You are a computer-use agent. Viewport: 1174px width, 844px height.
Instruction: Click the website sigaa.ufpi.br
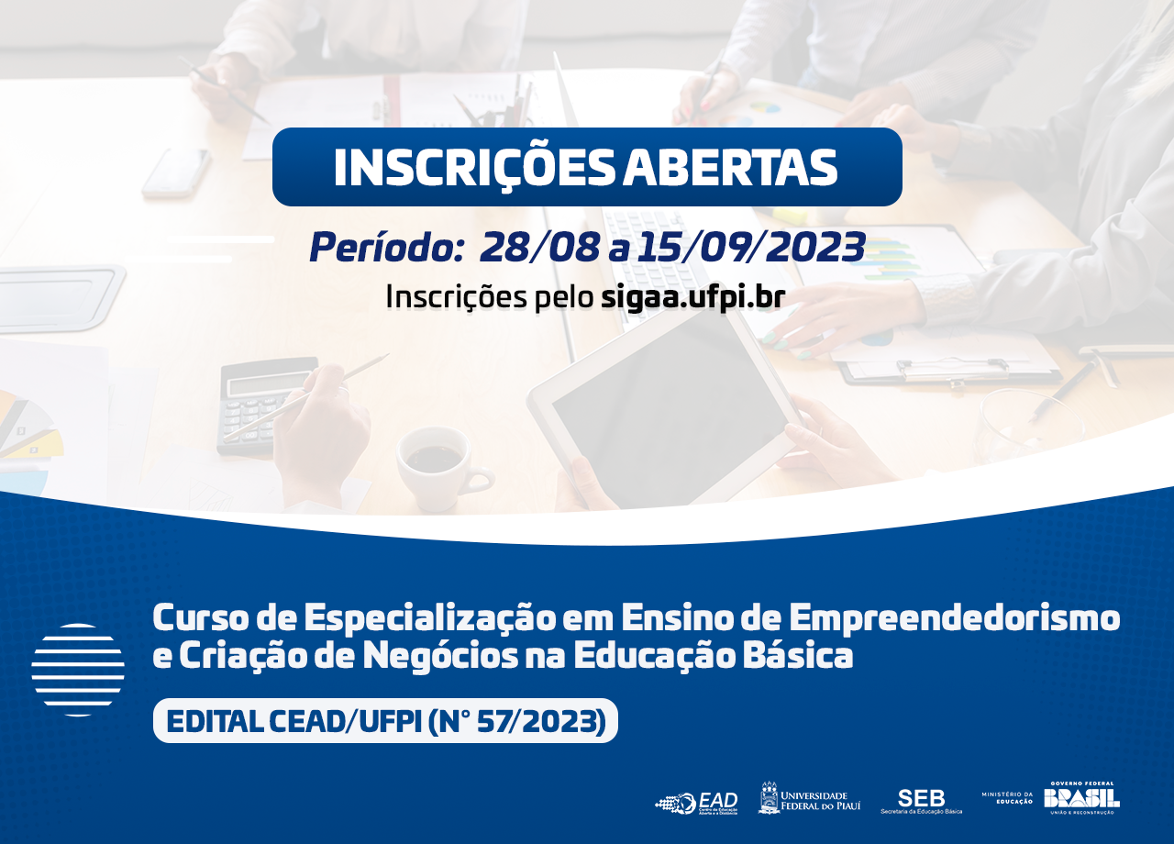(x=693, y=297)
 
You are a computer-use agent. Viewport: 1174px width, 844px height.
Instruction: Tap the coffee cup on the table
(x=438, y=463)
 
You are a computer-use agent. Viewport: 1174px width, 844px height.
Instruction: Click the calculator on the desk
(x=261, y=404)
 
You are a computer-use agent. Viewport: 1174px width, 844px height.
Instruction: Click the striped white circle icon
(x=78, y=670)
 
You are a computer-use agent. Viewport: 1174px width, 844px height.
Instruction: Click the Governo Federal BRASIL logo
(x=1081, y=797)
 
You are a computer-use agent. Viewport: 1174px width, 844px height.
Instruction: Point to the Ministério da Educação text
(x=1007, y=797)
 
